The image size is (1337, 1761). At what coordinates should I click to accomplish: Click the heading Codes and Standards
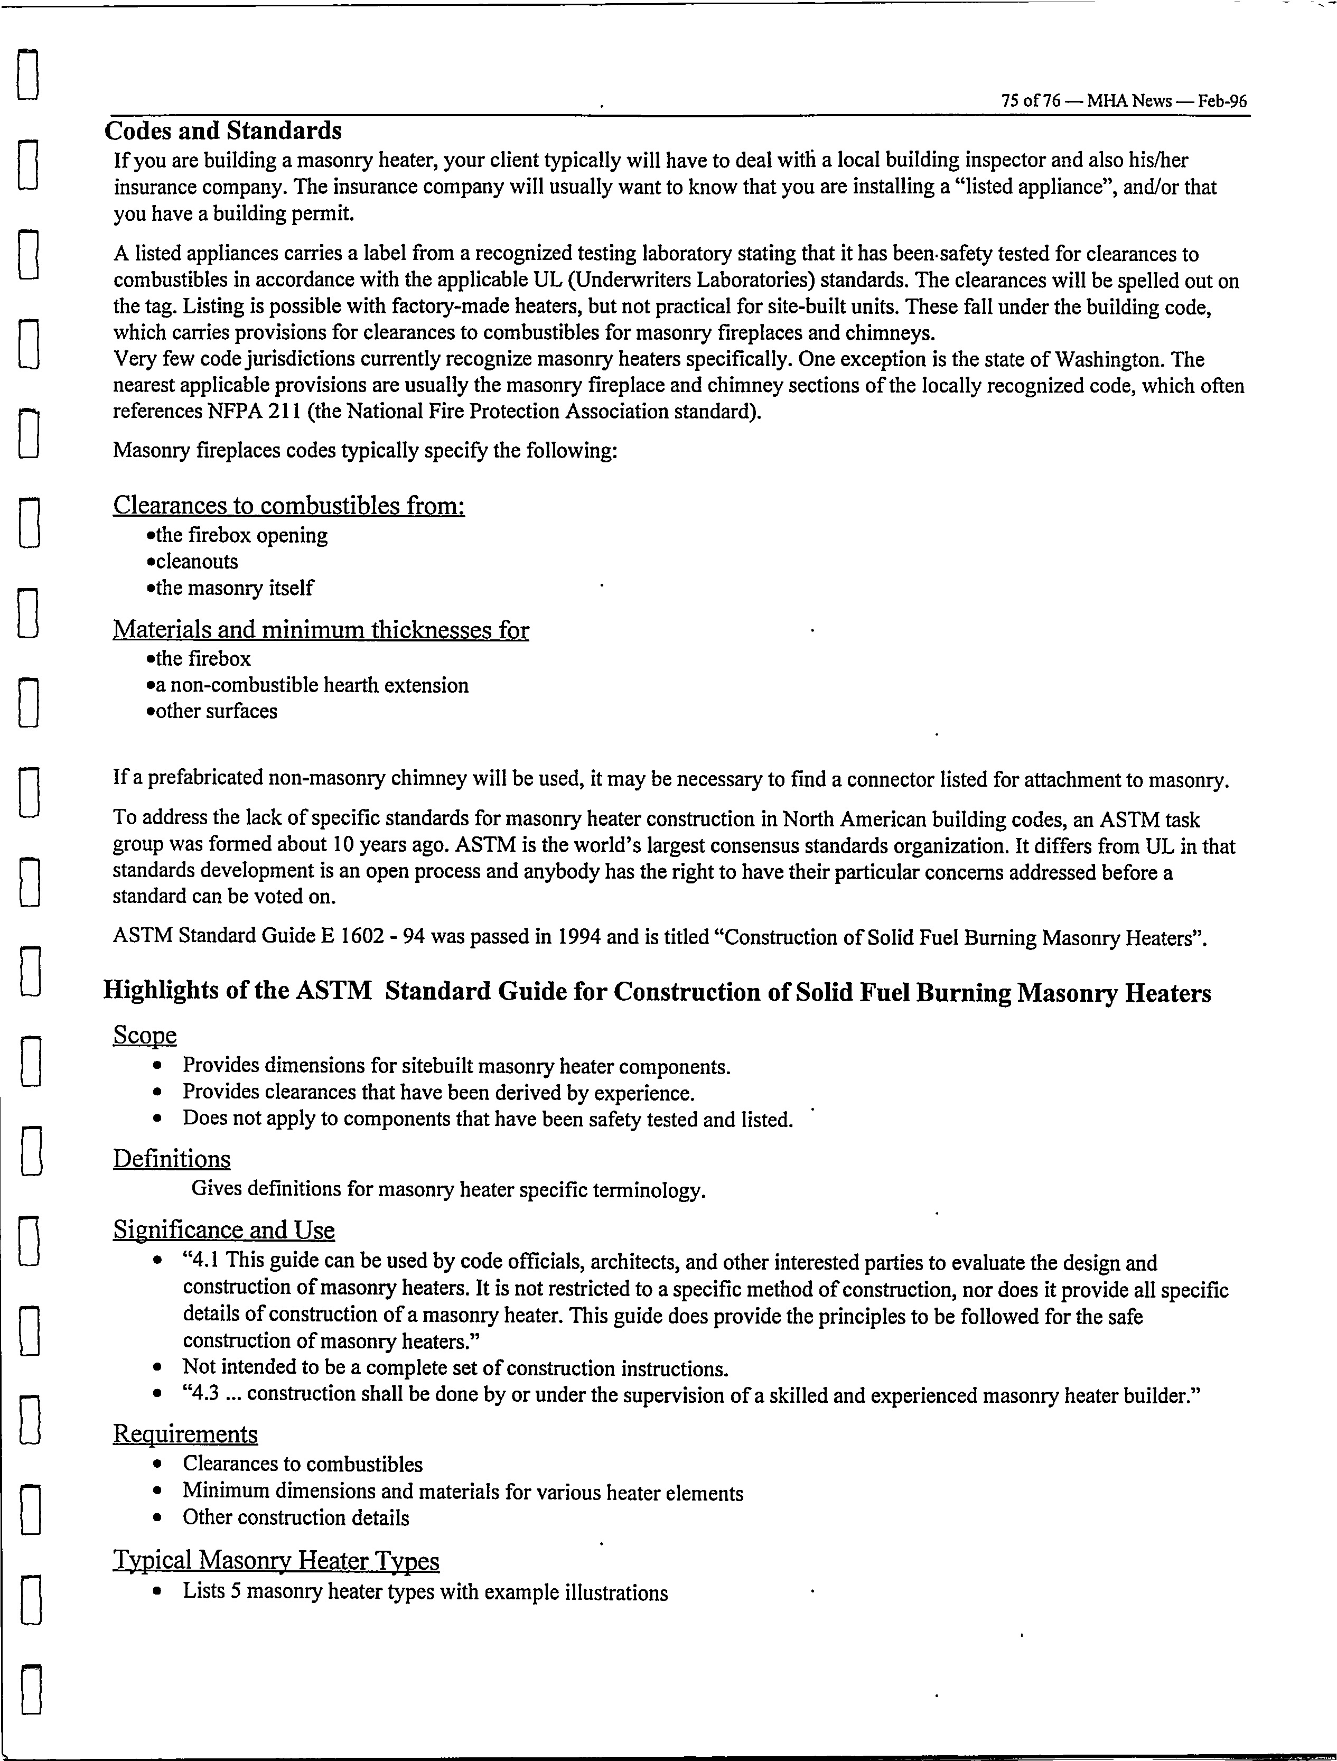pyautogui.click(x=223, y=131)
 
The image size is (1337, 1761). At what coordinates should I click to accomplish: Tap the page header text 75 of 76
pyautogui.click(x=1031, y=101)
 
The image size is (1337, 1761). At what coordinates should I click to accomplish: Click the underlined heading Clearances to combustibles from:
pyautogui.click(x=289, y=506)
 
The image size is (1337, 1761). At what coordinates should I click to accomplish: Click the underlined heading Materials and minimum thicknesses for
pyautogui.click(x=321, y=630)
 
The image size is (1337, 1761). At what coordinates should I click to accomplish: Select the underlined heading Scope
pyautogui.click(x=145, y=1035)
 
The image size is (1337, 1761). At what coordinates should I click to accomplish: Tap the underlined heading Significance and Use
pyautogui.click(x=223, y=1230)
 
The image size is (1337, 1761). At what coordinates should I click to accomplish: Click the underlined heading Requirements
pyautogui.click(x=185, y=1434)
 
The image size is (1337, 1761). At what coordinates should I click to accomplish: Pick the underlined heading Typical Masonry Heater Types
pyautogui.click(x=276, y=1560)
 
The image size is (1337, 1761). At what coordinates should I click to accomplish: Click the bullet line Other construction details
pyautogui.click(x=296, y=1517)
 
